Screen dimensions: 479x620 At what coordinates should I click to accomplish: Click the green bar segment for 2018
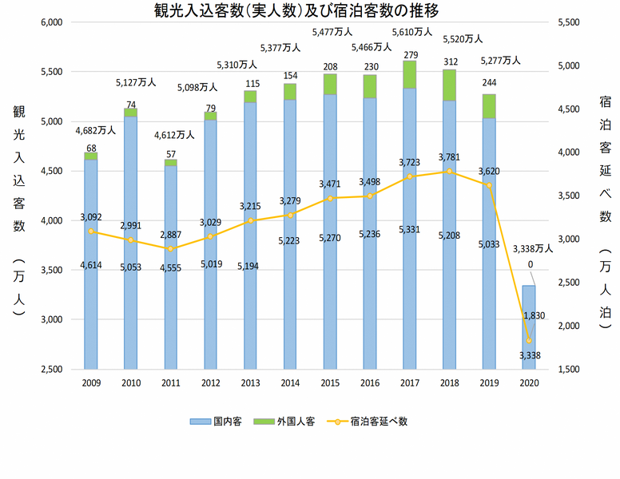(449, 85)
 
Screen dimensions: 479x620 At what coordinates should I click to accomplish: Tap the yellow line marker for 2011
(169, 249)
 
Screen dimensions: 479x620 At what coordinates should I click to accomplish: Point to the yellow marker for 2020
(528, 341)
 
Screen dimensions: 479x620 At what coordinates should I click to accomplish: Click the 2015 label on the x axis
(330, 383)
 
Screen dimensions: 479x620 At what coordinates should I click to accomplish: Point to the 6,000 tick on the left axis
(50, 22)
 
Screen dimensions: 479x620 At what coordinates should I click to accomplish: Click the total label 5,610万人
(411, 32)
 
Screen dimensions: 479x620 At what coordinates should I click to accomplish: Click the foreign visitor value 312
(450, 61)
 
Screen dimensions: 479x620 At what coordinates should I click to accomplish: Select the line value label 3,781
(450, 157)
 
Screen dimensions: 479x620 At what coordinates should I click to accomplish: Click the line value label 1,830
(534, 315)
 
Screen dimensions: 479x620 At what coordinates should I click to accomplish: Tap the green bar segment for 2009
(90, 156)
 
